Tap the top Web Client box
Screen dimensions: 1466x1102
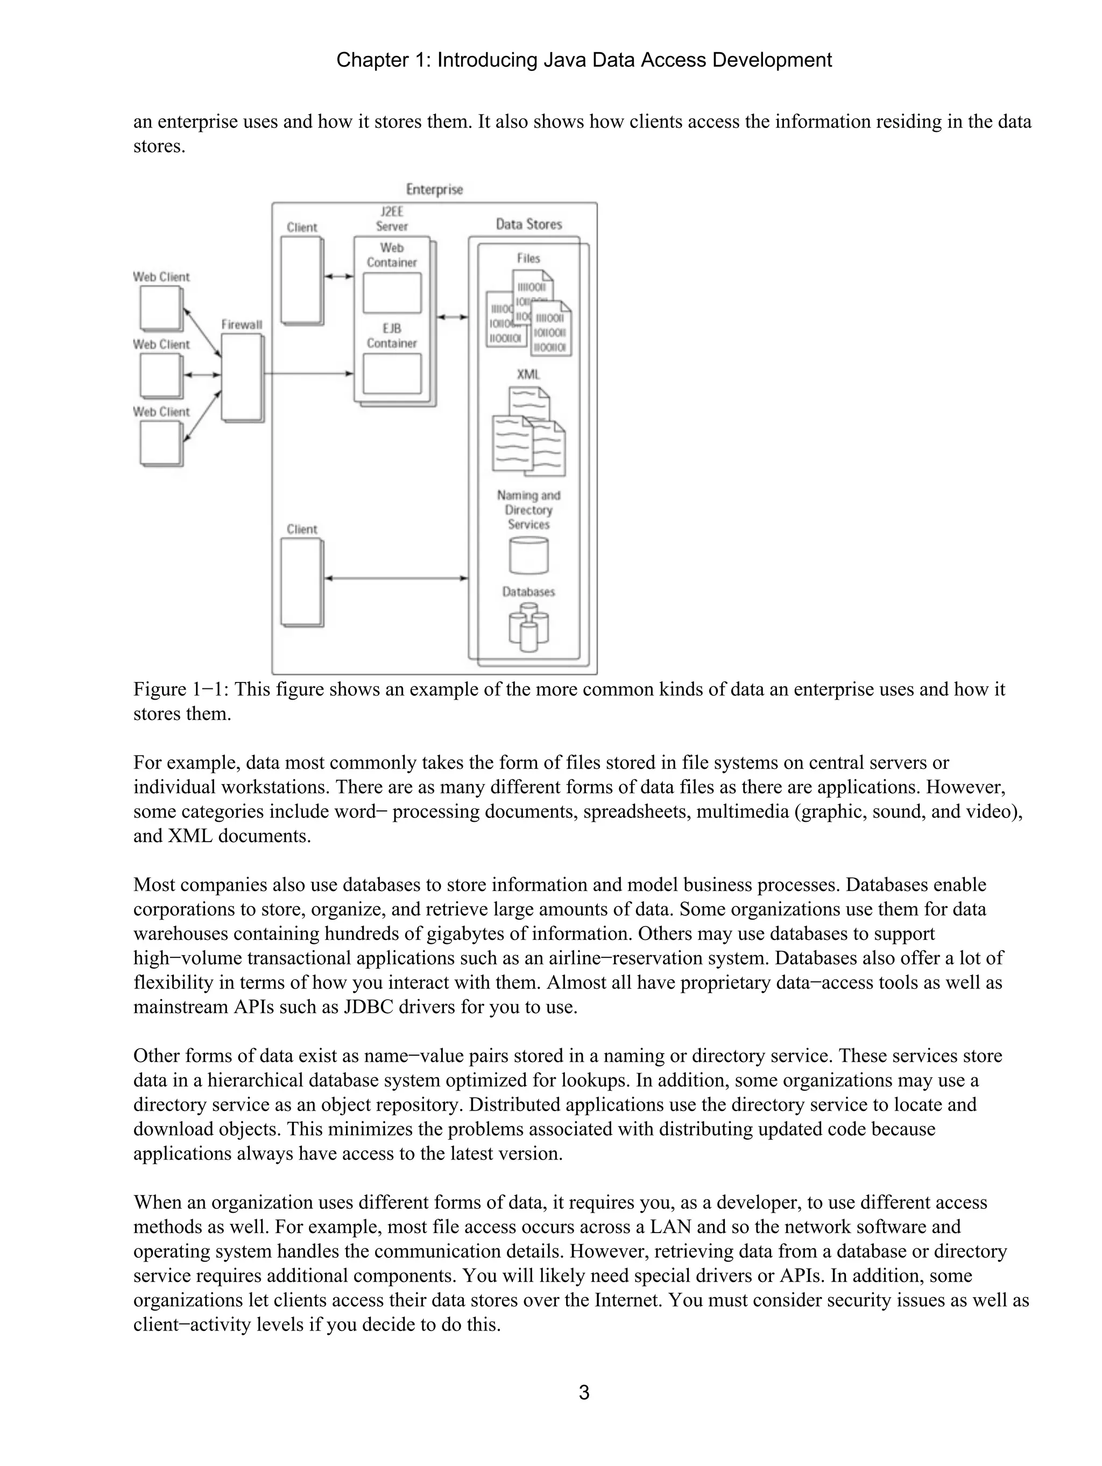click(x=160, y=308)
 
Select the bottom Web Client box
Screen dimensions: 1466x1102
click(x=160, y=443)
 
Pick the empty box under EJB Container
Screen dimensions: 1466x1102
click(x=392, y=373)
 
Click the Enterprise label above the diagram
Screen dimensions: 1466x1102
click(x=434, y=189)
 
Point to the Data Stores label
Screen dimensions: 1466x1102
click(x=528, y=225)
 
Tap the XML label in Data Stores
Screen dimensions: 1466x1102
click(x=528, y=374)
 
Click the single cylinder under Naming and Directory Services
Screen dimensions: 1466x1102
click(x=528, y=556)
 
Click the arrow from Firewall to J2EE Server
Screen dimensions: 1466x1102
click(x=308, y=374)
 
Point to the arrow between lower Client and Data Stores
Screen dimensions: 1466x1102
click(x=396, y=578)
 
